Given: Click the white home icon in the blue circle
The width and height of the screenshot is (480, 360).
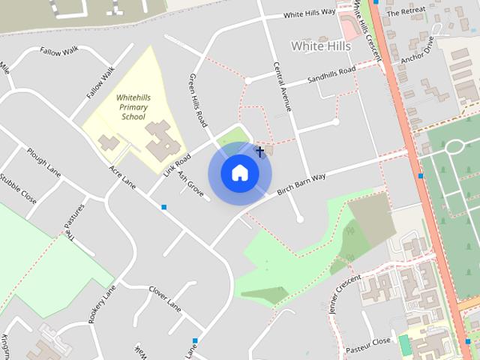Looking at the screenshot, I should pyautogui.click(x=240, y=173).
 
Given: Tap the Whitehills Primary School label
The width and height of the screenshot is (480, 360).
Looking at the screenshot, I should pyautogui.click(x=132, y=107).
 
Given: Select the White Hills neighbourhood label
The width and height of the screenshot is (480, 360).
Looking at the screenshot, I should pyautogui.click(x=321, y=46).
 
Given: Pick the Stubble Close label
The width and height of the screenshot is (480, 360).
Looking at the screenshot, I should pyautogui.click(x=18, y=189).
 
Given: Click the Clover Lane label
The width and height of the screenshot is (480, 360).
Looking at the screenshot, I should pyautogui.click(x=165, y=297).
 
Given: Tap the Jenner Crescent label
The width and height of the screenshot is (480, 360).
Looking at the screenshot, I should pyautogui.click(x=345, y=291).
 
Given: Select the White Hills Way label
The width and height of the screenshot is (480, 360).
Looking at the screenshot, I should pyautogui.click(x=309, y=14).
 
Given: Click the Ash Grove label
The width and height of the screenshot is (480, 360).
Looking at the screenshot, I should pyautogui.click(x=190, y=184).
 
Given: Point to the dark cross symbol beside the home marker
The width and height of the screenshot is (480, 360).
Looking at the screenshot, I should pyautogui.click(x=260, y=152).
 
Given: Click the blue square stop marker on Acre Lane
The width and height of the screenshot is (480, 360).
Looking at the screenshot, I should pyautogui.click(x=163, y=206).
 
